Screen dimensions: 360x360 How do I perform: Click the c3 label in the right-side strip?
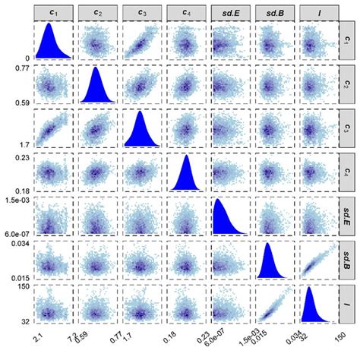click(x=348, y=128)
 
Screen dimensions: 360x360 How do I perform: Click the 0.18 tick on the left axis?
click(x=20, y=191)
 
